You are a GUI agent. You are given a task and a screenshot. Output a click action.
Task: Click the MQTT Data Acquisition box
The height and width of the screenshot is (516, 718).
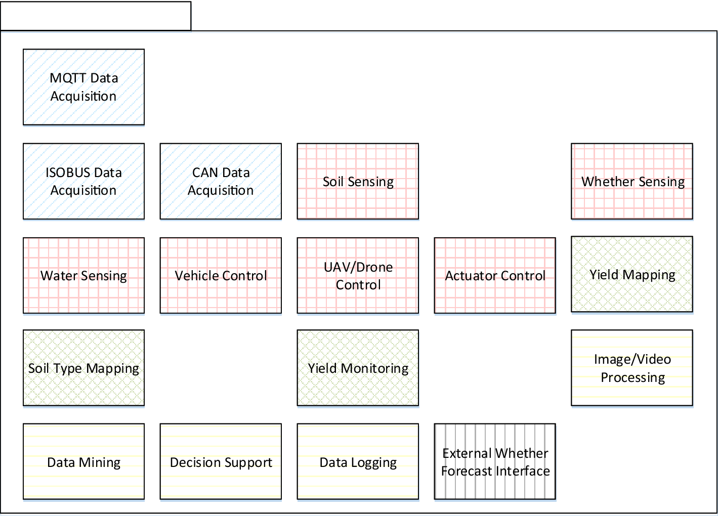[83, 87]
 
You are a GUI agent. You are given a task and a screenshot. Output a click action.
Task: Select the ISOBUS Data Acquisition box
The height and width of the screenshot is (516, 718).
[83, 181]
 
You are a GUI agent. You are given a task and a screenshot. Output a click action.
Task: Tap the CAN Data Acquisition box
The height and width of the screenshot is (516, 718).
[221, 181]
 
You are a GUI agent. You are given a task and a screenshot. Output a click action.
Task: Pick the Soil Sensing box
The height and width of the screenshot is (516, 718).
[358, 181]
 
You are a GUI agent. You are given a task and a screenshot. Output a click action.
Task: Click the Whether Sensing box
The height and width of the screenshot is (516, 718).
[632, 181]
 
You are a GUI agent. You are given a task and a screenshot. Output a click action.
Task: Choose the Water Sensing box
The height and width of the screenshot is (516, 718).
[83, 276]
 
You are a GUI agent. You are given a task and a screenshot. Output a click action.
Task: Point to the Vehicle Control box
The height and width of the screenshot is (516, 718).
[221, 276]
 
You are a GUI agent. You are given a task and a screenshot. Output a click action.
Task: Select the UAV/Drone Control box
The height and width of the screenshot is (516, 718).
[358, 276]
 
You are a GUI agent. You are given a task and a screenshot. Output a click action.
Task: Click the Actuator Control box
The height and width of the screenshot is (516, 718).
[495, 276]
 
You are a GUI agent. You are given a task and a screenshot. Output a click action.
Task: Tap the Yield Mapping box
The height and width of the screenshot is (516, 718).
[632, 274]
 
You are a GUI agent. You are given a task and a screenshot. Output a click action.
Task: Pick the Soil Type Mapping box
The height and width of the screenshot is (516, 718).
[83, 368]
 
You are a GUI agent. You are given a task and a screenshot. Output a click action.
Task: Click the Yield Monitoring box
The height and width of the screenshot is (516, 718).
[358, 368]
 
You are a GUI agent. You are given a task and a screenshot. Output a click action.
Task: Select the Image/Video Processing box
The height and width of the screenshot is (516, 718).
[632, 368]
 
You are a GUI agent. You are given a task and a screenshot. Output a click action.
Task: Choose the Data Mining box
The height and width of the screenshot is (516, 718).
[83, 462]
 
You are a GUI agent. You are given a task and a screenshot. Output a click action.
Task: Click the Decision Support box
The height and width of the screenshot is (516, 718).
[221, 462]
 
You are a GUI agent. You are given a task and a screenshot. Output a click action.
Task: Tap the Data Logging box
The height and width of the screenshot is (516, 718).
[358, 462]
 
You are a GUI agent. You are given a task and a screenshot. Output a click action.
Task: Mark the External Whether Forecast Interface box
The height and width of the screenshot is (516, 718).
[495, 462]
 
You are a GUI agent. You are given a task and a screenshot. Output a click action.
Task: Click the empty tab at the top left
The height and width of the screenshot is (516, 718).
[96, 16]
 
